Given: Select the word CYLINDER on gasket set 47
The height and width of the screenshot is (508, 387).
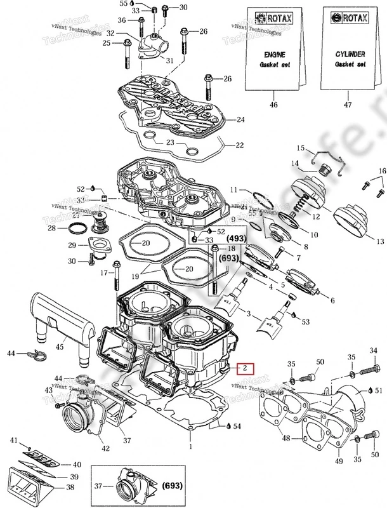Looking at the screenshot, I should (343, 56).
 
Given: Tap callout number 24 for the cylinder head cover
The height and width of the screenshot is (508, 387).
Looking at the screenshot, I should (240, 119).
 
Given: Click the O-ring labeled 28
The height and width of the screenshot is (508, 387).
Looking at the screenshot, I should (75, 228).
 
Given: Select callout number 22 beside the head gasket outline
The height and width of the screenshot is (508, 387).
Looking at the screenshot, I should (239, 145).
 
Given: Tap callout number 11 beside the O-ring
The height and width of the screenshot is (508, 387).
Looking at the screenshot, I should (233, 190).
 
